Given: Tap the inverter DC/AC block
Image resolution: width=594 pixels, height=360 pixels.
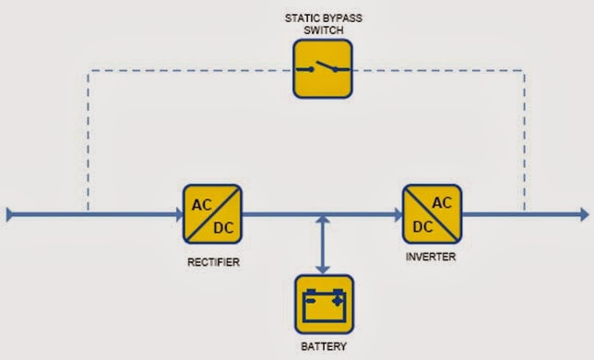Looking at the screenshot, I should (432, 214).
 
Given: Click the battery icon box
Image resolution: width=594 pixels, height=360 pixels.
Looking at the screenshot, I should (323, 304).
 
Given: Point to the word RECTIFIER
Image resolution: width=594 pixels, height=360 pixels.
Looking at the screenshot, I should (212, 262).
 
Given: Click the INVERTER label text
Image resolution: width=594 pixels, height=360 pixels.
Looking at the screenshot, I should (431, 257).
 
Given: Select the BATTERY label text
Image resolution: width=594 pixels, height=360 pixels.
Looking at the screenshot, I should (323, 347).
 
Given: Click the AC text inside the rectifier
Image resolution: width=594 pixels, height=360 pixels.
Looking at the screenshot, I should (200, 204).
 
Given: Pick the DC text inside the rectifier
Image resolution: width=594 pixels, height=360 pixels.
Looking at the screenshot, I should (224, 227).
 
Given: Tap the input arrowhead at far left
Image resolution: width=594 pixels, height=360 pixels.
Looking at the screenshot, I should (10, 215).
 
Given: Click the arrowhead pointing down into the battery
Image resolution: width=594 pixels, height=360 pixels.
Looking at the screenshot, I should (323, 268).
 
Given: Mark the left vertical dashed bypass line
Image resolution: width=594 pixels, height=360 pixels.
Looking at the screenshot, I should (88, 138).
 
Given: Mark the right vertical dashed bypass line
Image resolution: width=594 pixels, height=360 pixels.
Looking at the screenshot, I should (525, 138).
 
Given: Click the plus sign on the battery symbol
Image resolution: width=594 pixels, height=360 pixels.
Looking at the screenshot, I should (338, 296).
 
